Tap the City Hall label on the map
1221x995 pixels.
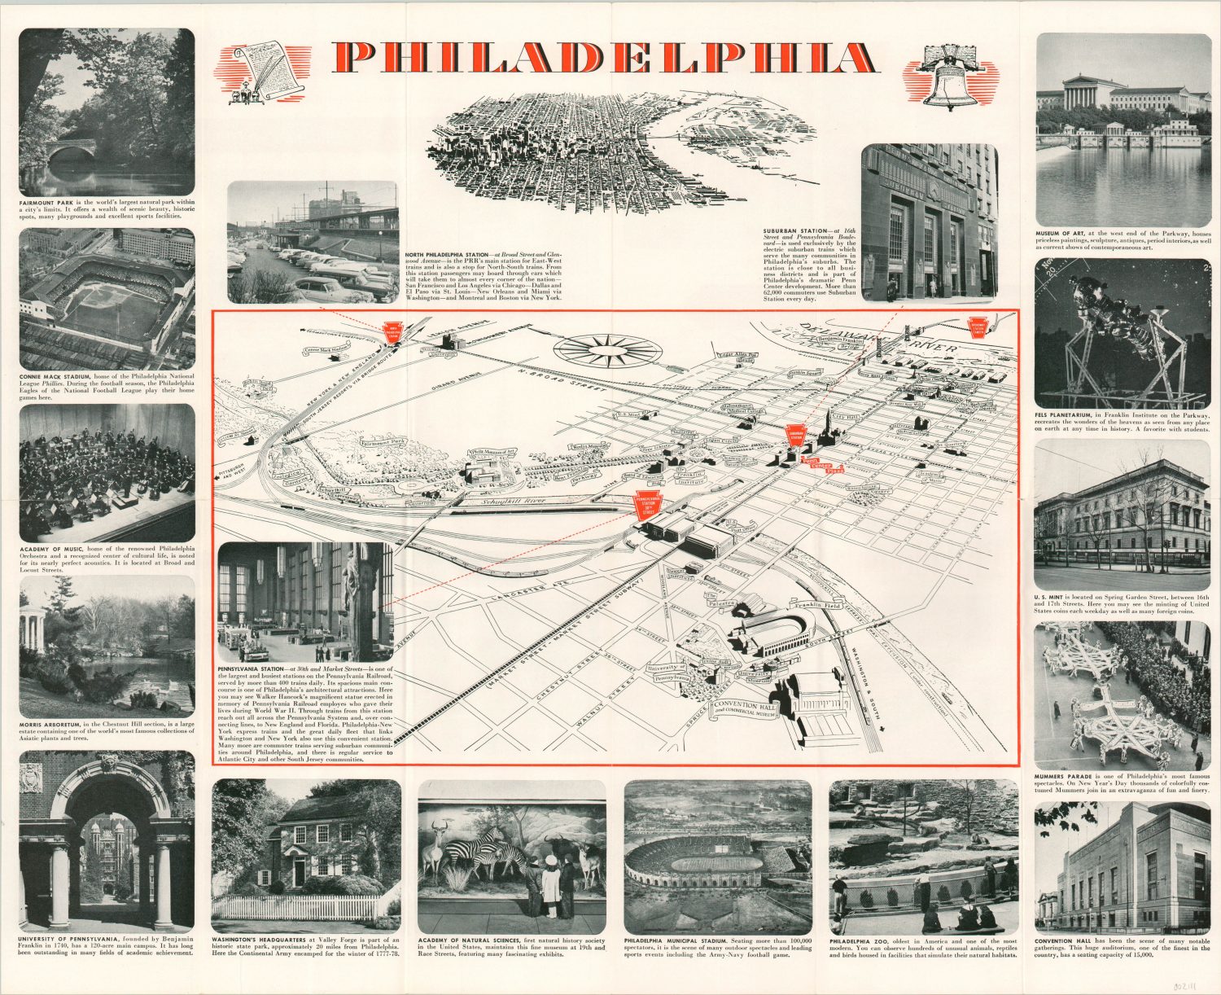(847, 417)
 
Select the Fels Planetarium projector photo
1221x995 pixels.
(1123, 333)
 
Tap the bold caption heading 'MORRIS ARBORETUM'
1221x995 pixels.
(52, 725)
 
